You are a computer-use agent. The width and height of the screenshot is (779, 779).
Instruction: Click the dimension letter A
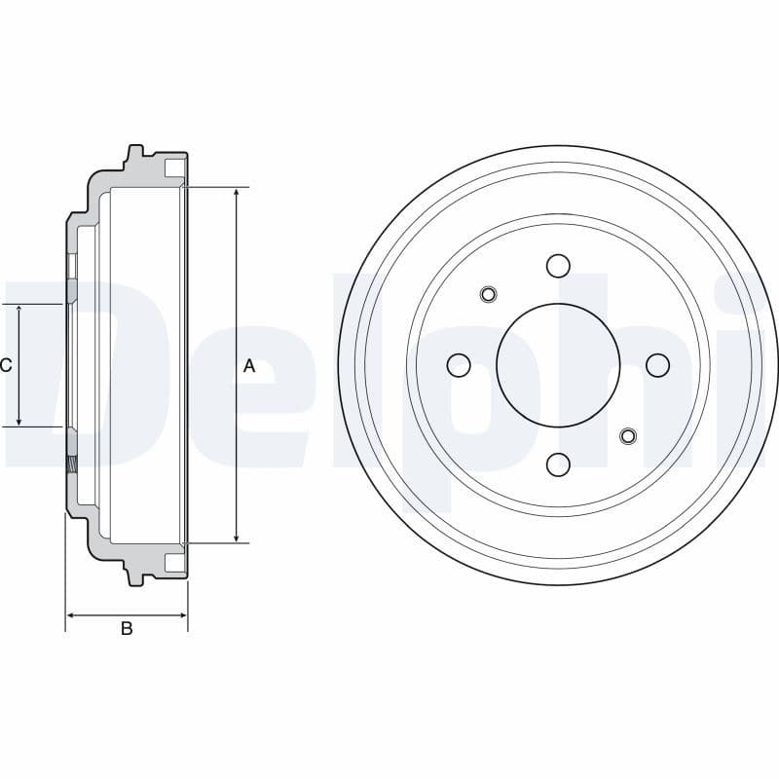(x=248, y=366)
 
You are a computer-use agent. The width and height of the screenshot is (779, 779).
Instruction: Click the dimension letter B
(x=127, y=629)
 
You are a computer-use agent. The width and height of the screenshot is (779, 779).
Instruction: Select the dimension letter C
(x=6, y=365)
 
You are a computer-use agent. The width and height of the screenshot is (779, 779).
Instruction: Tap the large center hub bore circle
(x=558, y=365)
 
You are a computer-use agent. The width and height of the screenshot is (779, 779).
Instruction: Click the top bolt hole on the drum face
(x=558, y=265)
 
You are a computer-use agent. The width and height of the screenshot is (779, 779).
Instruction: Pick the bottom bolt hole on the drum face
(x=558, y=464)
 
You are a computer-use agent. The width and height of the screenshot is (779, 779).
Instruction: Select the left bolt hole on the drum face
(x=459, y=365)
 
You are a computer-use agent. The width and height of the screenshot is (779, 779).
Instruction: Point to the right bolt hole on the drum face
(x=658, y=365)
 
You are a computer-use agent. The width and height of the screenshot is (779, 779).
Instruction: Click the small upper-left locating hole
(x=489, y=294)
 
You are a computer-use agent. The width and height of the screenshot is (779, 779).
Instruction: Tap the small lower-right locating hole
(x=628, y=435)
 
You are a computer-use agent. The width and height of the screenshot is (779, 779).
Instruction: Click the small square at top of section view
(x=173, y=168)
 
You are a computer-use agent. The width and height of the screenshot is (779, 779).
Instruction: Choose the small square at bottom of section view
(x=173, y=562)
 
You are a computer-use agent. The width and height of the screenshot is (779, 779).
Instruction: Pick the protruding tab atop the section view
(x=134, y=153)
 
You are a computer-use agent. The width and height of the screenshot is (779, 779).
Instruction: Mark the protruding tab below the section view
(x=134, y=577)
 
